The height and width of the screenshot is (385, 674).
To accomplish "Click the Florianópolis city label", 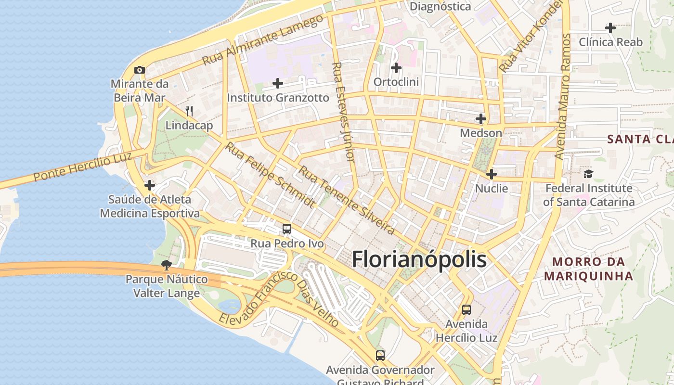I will pyautogui.click(x=419, y=260).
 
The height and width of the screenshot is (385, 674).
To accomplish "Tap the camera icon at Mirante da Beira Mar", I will pyautogui.click(x=140, y=70).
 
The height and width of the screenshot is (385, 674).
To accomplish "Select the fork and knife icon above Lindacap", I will pyautogui.click(x=189, y=111).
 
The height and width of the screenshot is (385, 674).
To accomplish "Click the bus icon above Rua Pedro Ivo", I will pyautogui.click(x=287, y=229).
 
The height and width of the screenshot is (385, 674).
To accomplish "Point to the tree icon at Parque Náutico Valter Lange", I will pyautogui.click(x=167, y=265).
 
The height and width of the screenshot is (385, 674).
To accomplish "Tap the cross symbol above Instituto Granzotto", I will pyautogui.click(x=278, y=83).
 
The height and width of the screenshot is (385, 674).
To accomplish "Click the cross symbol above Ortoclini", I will pyautogui.click(x=396, y=68).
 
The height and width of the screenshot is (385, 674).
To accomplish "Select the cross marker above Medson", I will pyautogui.click(x=481, y=118).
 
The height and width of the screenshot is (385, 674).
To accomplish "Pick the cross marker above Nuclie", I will pyautogui.click(x=492, y=174).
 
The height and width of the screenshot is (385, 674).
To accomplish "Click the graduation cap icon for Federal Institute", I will pyautogui.click(x=588, y=174).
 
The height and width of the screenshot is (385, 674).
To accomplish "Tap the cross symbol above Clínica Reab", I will pyautogui.click(x=610, y=28).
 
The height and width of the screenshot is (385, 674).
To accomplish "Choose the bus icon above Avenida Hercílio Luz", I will pyautogui.click(x=466, y=309).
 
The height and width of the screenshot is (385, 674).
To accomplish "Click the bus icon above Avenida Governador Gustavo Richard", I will pyautogui.click(x=380, y=356).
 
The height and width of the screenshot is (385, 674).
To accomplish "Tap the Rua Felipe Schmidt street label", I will pyautogui.click(x=271, y=175).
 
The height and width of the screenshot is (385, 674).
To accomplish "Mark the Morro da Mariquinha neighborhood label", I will pyautogui.click(x=588, y=269).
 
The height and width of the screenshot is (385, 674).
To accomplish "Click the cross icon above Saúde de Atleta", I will pyautogui.click(x=150, y=185).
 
